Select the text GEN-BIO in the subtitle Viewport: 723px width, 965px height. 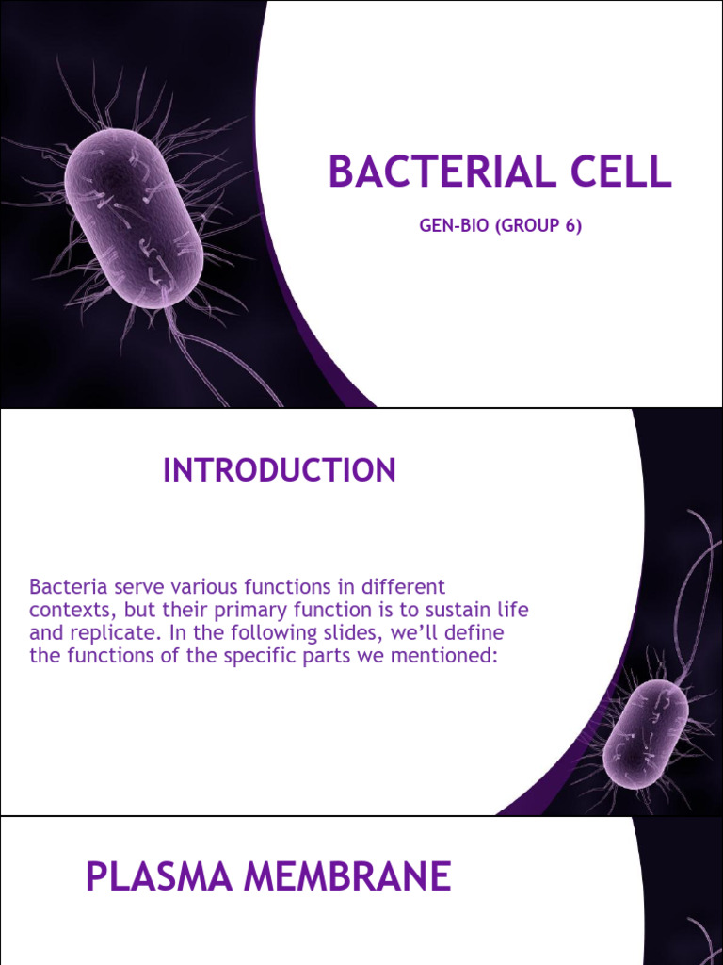448,227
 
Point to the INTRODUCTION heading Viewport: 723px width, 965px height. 280,470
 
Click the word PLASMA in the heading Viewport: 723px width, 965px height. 156,876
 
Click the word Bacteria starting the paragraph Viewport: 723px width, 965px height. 64,586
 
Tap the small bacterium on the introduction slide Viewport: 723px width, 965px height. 645,734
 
